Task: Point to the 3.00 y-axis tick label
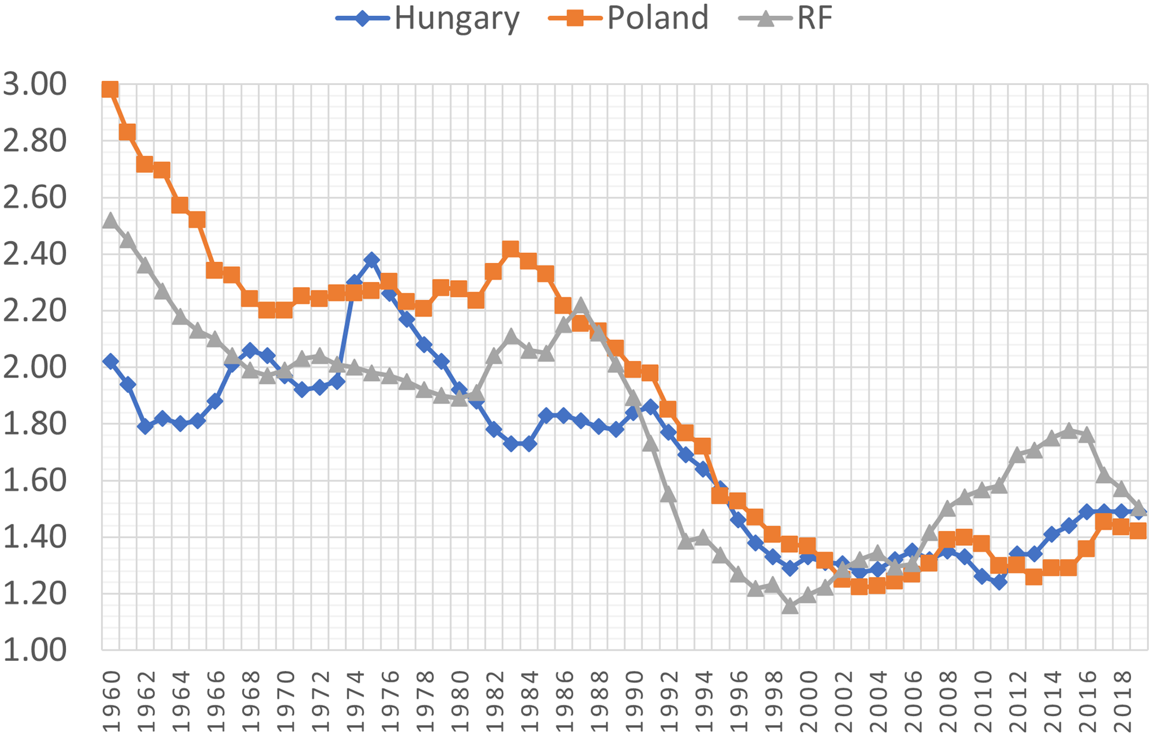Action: point(35,85)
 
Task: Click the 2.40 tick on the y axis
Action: point(35,254)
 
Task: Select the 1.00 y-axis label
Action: point(35,650)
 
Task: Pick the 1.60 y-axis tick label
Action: point(35,481)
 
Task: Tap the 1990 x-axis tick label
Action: point(633,700)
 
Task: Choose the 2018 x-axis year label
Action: point(1122,700)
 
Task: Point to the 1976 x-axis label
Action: point(390,700)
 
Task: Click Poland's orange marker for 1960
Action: point(110,90)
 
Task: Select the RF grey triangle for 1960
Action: point(110,220)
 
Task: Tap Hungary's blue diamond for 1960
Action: point(110,362)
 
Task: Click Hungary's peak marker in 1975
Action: point(372,260)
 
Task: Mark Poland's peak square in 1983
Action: point(511,248)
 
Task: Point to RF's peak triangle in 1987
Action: point(580,305)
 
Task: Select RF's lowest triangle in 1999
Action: point(790,606)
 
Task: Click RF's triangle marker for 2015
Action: point(1069,430)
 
